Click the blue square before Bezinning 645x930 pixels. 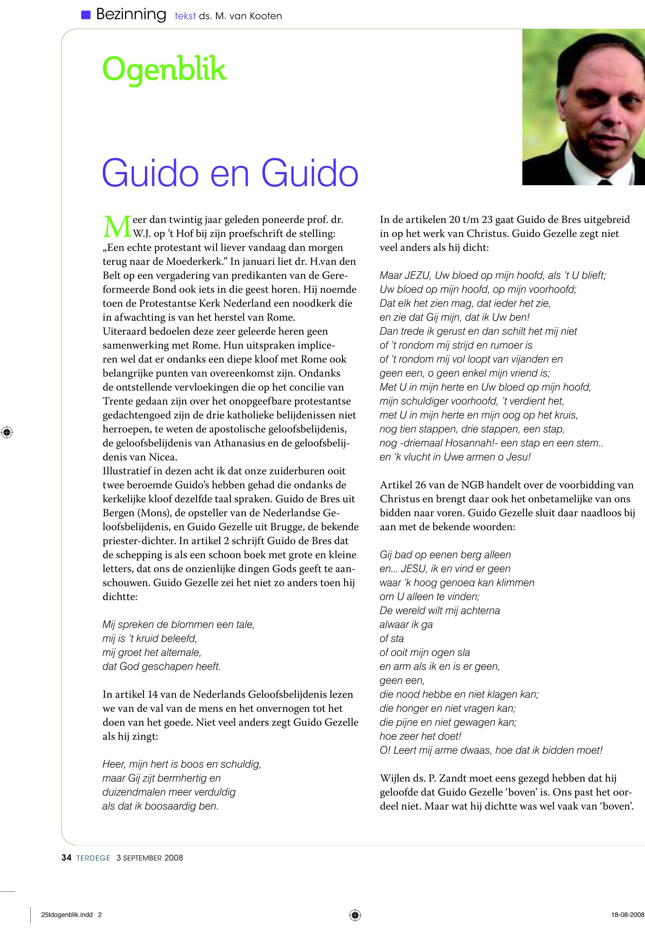point(86,15)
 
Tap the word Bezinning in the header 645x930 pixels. point(131,15)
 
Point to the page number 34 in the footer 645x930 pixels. point(66,858)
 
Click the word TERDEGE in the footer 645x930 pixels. point(93,858)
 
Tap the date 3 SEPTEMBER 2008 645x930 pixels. point(150,858)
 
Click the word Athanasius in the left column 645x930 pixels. point(241,443)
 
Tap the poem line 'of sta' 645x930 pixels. point(391,639)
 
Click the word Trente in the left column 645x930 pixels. point(117,401)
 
